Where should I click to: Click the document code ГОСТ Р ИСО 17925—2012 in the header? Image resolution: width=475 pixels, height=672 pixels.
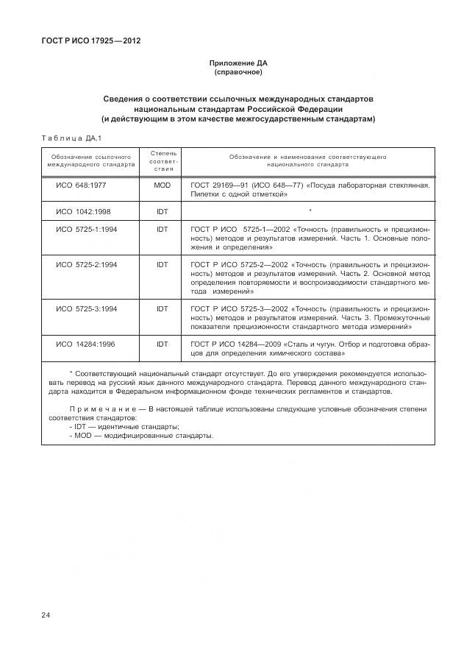point(91,40)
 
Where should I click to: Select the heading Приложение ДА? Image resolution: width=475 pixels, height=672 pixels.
point(238,64)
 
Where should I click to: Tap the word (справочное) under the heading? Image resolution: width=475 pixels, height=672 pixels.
point(238,74)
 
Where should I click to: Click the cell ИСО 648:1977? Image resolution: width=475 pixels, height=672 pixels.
point(82,185)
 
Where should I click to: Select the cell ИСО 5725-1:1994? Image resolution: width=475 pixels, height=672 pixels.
point(86,229)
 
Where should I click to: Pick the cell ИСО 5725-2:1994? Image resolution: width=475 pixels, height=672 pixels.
point(86,264)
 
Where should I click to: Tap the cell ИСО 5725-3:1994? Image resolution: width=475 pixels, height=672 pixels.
point(86,308)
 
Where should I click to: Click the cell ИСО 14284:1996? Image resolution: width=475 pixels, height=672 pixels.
point(85,343)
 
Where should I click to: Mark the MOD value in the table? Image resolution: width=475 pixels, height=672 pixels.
point(162,185)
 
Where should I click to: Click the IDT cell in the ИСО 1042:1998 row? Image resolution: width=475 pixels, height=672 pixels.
point(162,211)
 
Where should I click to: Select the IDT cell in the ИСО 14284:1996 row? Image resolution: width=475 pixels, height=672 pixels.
point(162,343)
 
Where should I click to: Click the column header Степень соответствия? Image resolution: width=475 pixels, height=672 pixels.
point(162,161)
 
